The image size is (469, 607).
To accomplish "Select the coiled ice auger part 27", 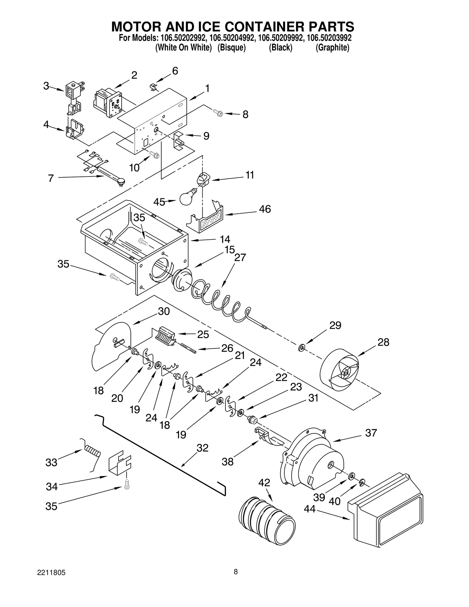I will click(220, 302).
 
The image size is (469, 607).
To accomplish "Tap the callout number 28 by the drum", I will click(383, 342).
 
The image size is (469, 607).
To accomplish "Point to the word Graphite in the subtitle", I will click(332, 47).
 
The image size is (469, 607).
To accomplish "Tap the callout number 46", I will click(265, 209).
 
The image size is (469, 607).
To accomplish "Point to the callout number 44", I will click(309, 509).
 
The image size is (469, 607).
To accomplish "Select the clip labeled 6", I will click(153, 87).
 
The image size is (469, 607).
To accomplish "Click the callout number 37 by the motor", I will click(371, 433).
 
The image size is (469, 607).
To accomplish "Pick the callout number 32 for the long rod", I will click(202, 448).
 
